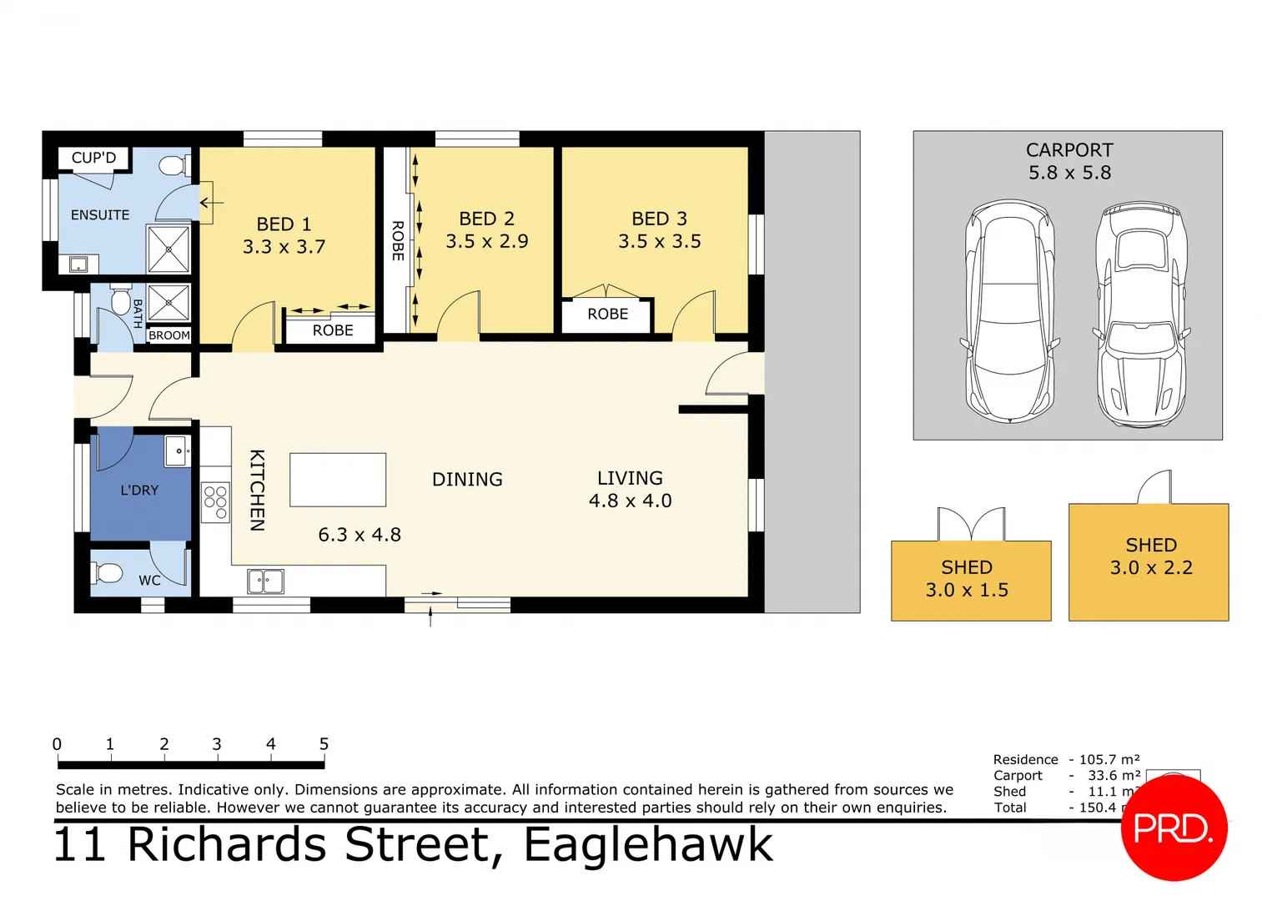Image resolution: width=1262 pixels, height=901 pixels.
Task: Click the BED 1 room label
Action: [284, 224]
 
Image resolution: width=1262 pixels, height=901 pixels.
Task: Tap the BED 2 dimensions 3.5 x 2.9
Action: [486, 242]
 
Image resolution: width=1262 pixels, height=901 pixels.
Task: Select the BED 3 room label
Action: [659, 219]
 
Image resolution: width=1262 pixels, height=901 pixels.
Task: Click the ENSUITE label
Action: [100, 215]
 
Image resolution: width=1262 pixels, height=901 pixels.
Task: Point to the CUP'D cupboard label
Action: [93, 158]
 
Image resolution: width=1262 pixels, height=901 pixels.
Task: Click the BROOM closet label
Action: [169, 335]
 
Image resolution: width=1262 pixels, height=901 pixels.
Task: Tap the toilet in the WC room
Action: [107, 573]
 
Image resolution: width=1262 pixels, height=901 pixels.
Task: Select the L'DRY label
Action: [139, 491]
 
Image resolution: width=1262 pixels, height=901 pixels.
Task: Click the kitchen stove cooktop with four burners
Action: [215, 502]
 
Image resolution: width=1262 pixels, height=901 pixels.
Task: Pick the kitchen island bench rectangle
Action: [338, 480]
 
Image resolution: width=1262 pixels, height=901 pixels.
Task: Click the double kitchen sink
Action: [265, 581]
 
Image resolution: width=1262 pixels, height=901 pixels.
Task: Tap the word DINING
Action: [467, 480]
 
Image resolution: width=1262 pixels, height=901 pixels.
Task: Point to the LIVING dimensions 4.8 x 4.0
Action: [630, 501]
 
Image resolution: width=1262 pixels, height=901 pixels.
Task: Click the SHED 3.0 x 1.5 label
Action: [967, 579]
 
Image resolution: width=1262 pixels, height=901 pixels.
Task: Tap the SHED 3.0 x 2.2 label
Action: [1151, 556]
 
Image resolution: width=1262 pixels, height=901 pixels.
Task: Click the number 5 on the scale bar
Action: [324, 743]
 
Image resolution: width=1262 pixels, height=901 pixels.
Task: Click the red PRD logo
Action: [1173, 828]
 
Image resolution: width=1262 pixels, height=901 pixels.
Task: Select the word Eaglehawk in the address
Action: [648, 845]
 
